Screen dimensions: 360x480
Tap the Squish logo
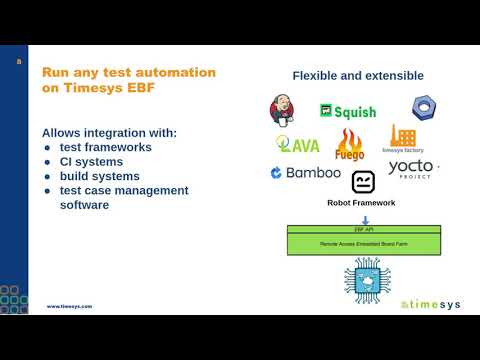pos(348,111)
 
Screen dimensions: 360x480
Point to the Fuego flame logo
pos(350,145)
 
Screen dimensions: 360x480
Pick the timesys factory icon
pos(402,139)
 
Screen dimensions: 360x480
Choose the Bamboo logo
pos(305,173)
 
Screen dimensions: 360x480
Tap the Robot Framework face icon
pos(362,182)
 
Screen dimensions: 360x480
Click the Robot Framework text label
pos(362,203)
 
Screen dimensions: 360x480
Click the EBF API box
pos(364,229)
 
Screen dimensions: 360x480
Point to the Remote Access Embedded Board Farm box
pos(364,243)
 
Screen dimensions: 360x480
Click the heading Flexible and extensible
pos(358,76)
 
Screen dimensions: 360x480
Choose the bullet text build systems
pos(101,176)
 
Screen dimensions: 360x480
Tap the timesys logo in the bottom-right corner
pos(429,304)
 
